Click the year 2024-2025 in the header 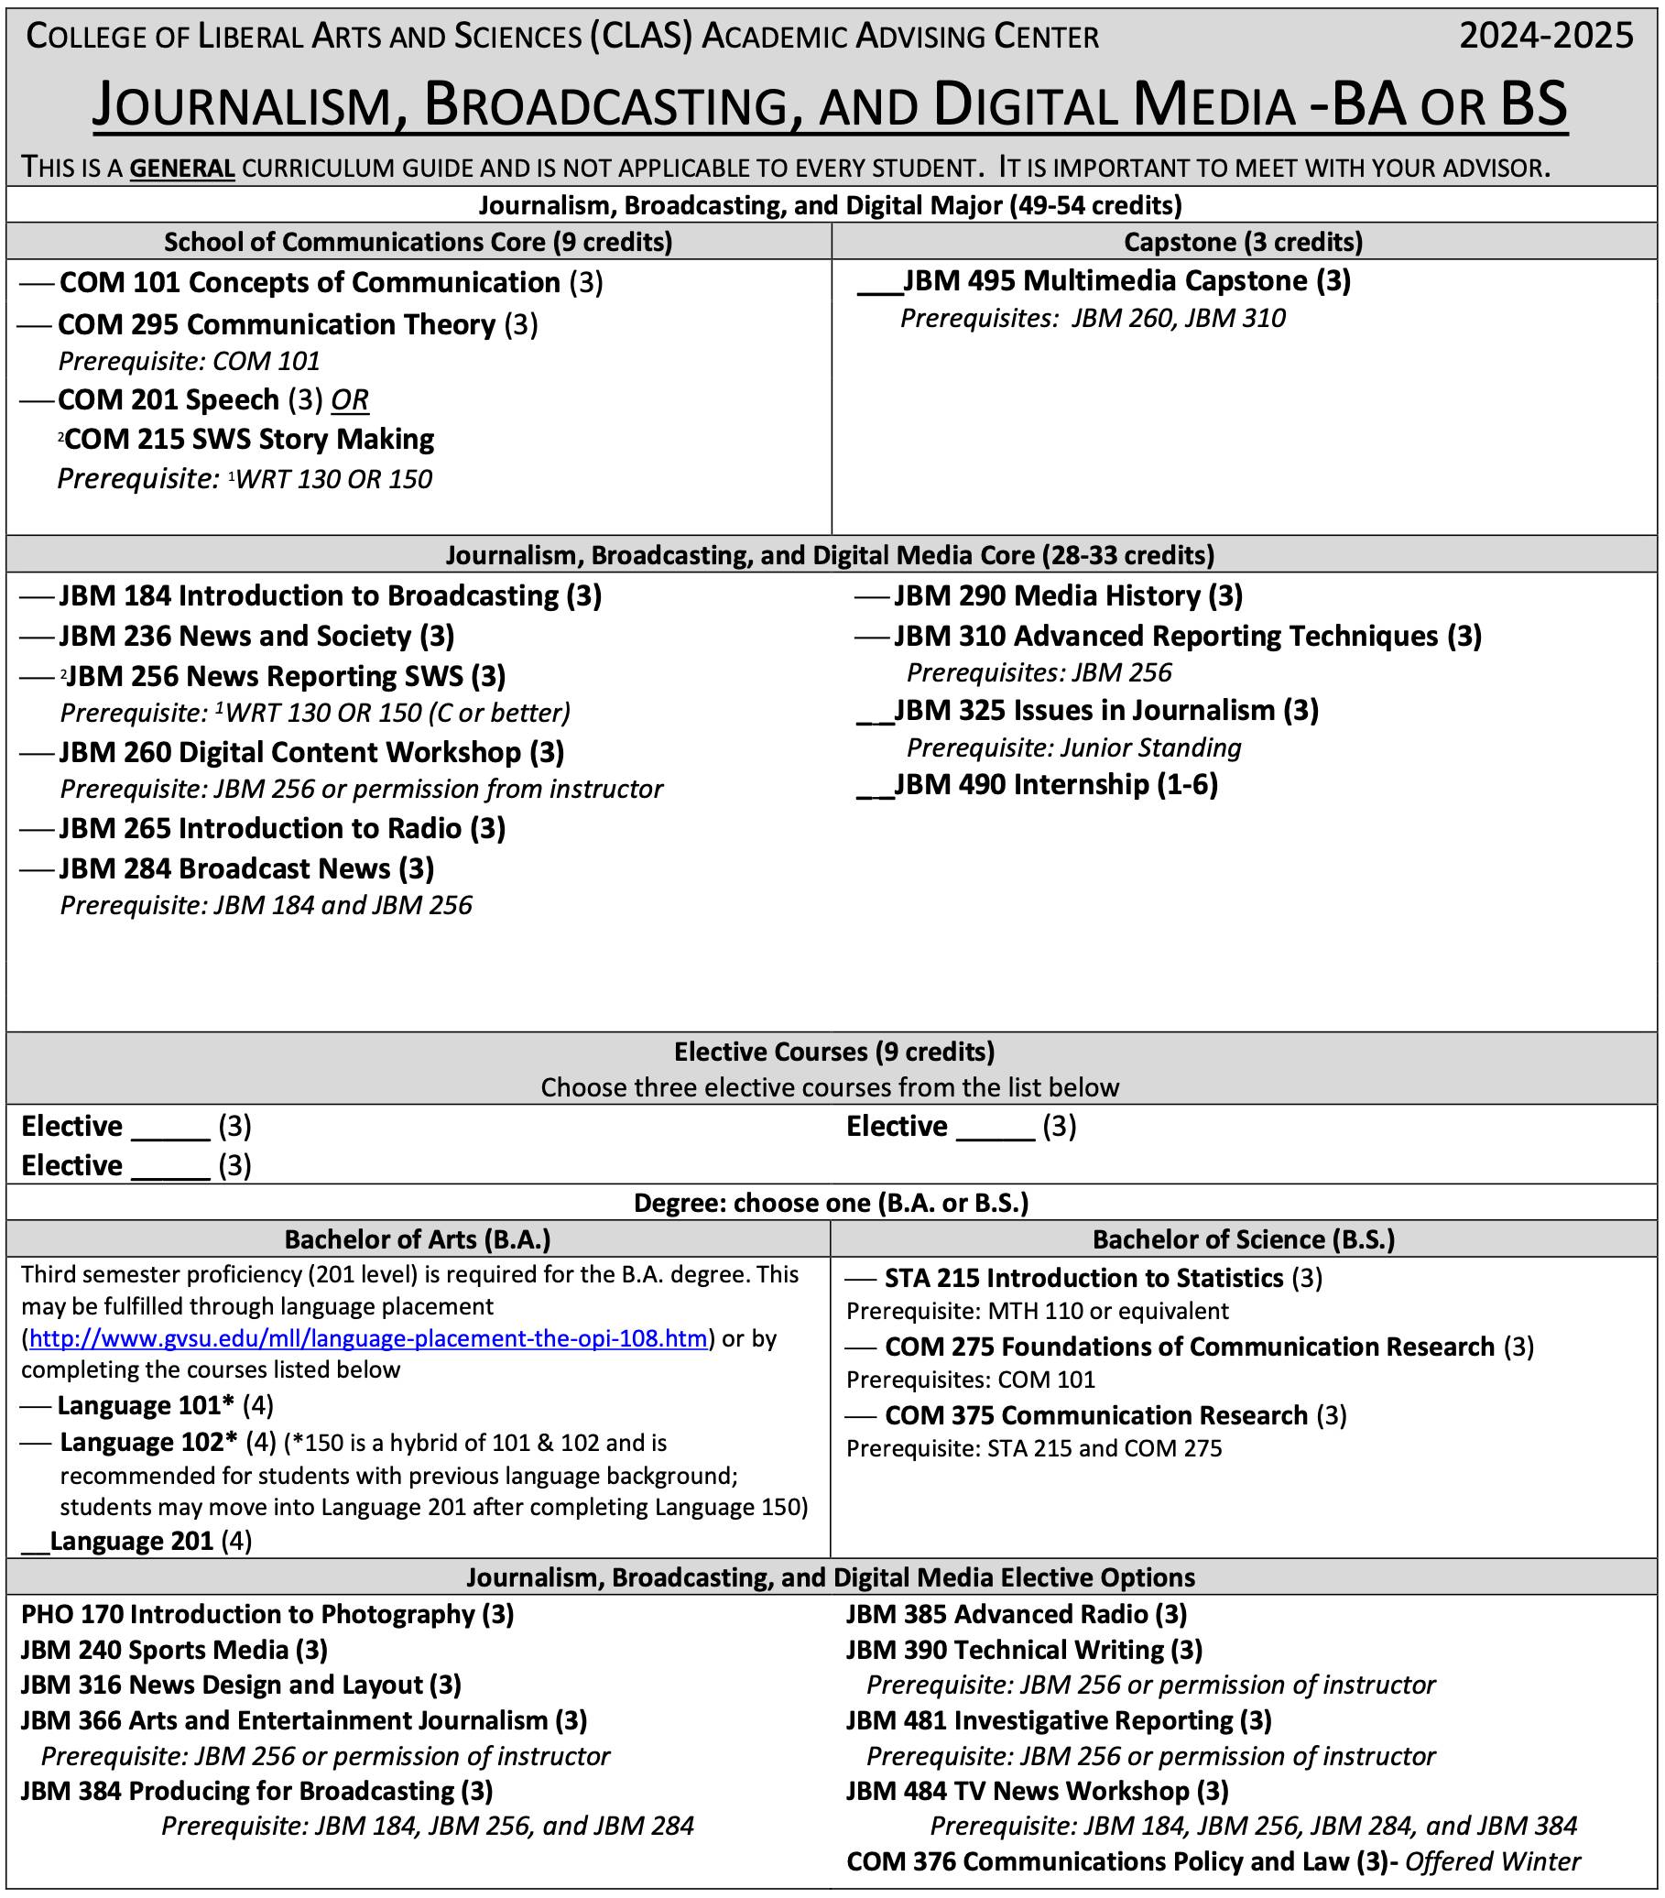1545,36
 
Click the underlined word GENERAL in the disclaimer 181,169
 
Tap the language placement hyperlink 368,1338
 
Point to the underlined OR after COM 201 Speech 350,400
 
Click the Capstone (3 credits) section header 1243,242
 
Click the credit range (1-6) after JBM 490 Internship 1186,785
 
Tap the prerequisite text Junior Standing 1149,747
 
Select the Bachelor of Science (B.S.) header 1243,1238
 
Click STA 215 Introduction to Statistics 1083,1278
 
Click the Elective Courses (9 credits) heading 833,1052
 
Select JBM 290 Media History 1067,595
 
